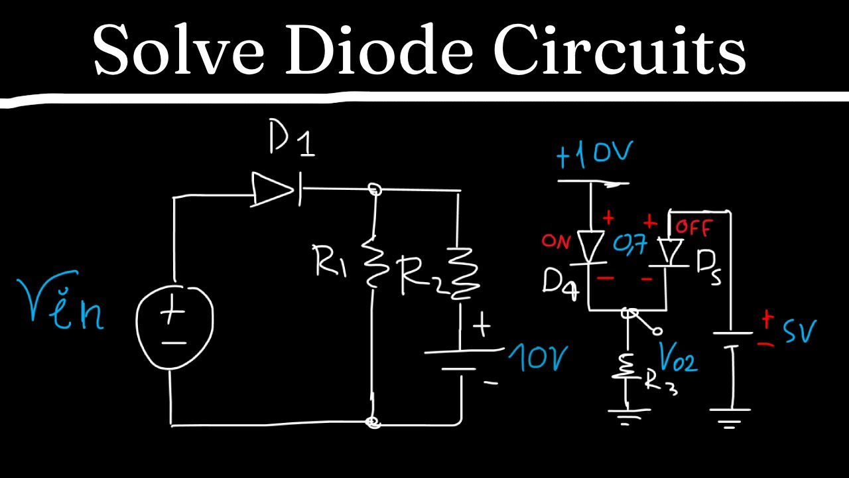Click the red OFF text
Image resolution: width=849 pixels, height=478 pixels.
tap(693, 230)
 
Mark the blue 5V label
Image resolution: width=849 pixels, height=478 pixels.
tap(799, 331)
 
